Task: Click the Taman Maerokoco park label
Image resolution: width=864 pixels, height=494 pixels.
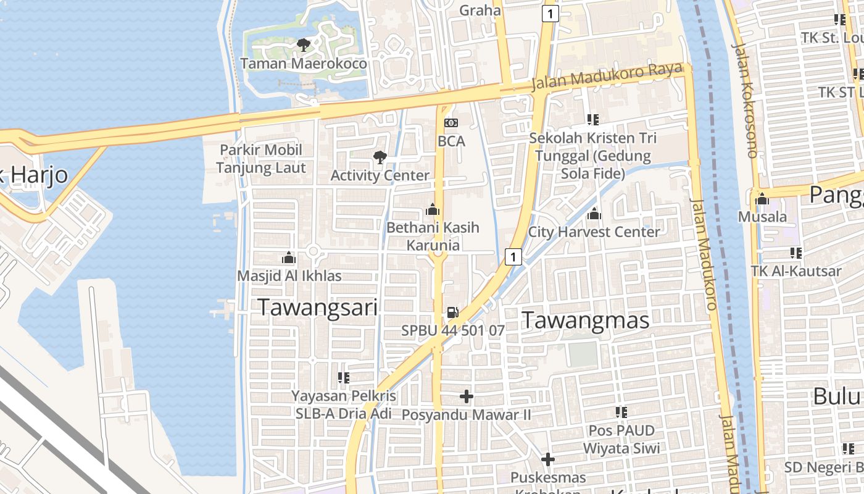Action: (303, 64)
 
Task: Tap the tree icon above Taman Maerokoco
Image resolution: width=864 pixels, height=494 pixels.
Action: (303, 44)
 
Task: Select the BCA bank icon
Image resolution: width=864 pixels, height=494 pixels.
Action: (451, 123)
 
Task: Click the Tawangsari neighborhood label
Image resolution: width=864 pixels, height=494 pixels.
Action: (317, 307)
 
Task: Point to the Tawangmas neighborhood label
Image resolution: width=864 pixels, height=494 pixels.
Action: (586, 320)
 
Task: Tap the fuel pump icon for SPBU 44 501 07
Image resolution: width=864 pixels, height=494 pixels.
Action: (453, 312)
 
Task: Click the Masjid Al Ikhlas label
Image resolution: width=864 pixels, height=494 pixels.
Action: (289, 276)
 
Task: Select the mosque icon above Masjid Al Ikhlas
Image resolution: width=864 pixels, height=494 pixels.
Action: (289, 257)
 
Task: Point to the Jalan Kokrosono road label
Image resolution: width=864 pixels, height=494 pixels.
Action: (744, 99)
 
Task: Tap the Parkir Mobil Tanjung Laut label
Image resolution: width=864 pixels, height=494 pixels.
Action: (261, 159)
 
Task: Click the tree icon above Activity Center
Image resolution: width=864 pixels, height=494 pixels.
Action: (380, 157)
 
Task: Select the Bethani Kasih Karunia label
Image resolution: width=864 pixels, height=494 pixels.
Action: (433, 237)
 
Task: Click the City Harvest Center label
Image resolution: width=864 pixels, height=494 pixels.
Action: (594, 232)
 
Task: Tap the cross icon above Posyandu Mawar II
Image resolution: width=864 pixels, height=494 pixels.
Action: (467, 396)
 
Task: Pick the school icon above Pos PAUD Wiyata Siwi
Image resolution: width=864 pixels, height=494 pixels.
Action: (621, 412)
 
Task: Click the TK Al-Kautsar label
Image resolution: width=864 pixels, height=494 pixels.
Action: (796, 271)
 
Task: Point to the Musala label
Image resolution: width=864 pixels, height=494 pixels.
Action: (763, 217)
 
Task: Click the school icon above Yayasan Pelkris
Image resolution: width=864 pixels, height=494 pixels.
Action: (344, 377)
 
